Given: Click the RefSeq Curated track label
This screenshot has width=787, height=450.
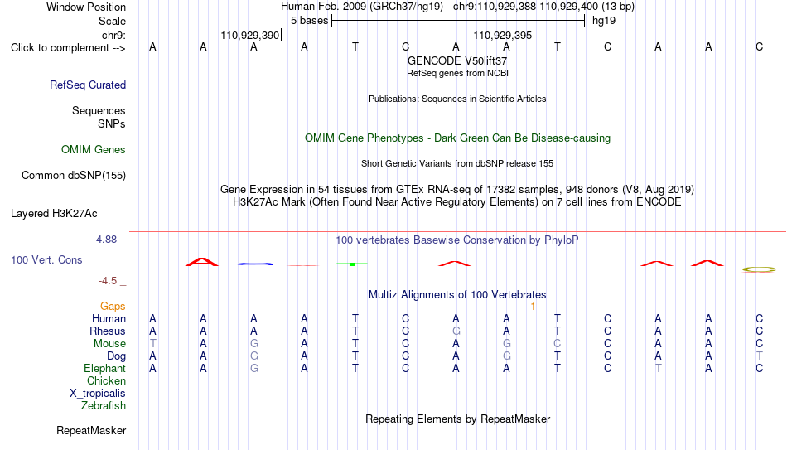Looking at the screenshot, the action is point(88,85).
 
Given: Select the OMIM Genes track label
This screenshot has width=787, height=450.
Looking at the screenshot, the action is point(94,150).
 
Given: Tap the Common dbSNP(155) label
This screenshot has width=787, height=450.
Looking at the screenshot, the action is point(74,176).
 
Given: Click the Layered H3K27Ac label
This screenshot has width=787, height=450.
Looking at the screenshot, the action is point(54,214).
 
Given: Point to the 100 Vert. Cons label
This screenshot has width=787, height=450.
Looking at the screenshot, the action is point(46,259).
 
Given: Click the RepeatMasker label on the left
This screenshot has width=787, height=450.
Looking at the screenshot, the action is point(91,430).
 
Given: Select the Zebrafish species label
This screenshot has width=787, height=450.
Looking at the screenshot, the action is point(104,405).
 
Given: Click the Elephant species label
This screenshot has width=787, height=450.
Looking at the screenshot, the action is point(105,369).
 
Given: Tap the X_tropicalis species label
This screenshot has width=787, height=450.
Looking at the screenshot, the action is point(98,394).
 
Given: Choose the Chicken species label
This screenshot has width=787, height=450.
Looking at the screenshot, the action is point(106,380).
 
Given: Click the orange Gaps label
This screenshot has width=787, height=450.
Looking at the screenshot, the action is point(113,307).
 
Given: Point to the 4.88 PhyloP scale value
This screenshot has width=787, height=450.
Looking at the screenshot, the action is point(107,240).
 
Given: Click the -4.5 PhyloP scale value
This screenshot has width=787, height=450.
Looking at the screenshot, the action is point(108,281).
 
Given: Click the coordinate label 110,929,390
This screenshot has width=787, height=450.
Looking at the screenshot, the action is point(249,35).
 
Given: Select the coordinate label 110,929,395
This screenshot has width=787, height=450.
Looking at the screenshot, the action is point(502,35).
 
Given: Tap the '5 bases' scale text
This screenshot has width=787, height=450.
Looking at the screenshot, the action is point(309,21).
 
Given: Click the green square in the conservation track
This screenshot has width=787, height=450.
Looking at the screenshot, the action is point(352,264).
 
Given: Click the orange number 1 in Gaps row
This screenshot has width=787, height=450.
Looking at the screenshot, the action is point(533,307).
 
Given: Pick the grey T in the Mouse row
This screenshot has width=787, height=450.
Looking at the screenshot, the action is point(152,344).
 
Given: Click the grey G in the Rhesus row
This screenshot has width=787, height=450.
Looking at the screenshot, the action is point(456,331).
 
